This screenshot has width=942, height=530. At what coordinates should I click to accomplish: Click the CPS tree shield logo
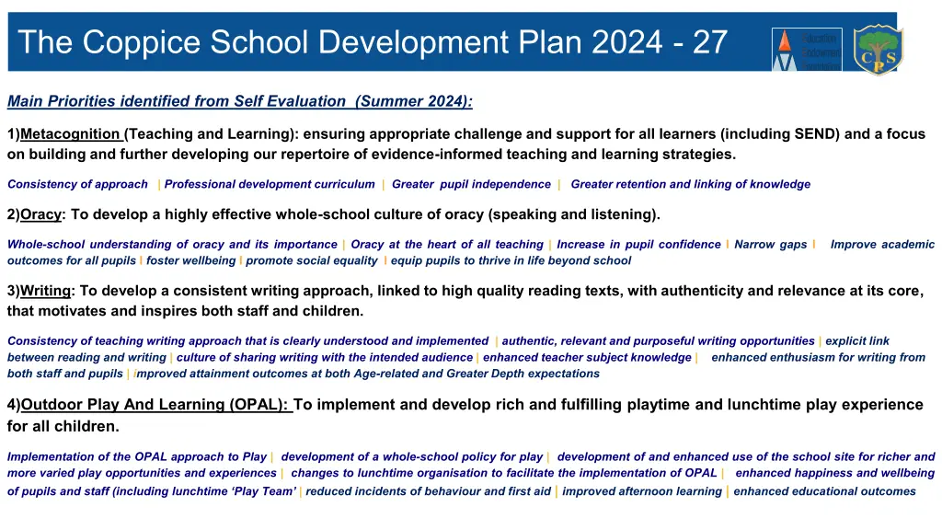click(x=879, y=50)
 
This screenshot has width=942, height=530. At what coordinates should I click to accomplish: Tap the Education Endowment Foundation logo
click(x=807, y=50)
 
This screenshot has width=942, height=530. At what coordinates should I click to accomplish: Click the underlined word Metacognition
click(x=70, y=134)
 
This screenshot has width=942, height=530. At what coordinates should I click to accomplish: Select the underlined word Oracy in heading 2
click(x=40, y=214)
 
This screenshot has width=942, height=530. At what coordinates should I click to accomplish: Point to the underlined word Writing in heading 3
click(x=46, y=291)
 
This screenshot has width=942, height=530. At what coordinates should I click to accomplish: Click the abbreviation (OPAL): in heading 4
click(x=258, y=405)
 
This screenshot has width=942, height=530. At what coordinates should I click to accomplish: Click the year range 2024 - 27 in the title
click(x=660, y=42)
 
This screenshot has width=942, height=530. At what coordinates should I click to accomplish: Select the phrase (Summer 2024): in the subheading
click(x=414, y=101)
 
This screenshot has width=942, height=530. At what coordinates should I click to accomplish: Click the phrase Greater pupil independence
click(x=471, y=184)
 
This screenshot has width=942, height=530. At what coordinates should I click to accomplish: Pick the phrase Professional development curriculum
click(x=270, y=184)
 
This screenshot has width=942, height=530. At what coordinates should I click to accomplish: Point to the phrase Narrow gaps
click(x=771, y=245)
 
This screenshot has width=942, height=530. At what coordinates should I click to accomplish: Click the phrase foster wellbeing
click(x=191, y=260)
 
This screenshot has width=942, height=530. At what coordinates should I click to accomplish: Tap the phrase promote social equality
click(x=312, y=260)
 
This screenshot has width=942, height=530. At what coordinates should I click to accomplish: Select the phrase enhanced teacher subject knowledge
click(x=588, y=358)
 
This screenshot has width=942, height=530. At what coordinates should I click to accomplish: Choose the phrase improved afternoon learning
click(x=642, y=491)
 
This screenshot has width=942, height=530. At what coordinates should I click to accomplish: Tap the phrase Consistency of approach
click(x=77, y=184)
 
